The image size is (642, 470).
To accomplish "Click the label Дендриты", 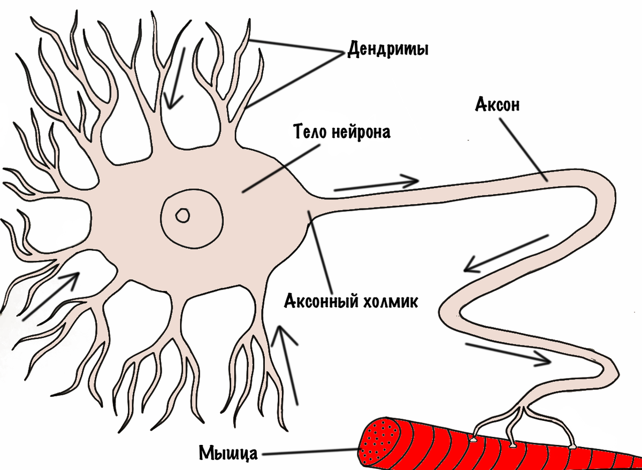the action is [388, 50].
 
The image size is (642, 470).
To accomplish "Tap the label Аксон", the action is [497, 105].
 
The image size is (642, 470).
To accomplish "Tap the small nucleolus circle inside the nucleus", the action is [183, 215].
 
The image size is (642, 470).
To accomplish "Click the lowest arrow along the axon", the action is [508, 354].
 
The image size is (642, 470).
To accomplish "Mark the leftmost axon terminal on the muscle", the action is [474, 440].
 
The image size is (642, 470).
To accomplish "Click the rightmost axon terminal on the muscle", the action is [573, 445].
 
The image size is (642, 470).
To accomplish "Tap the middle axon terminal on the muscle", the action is [512, 444].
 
